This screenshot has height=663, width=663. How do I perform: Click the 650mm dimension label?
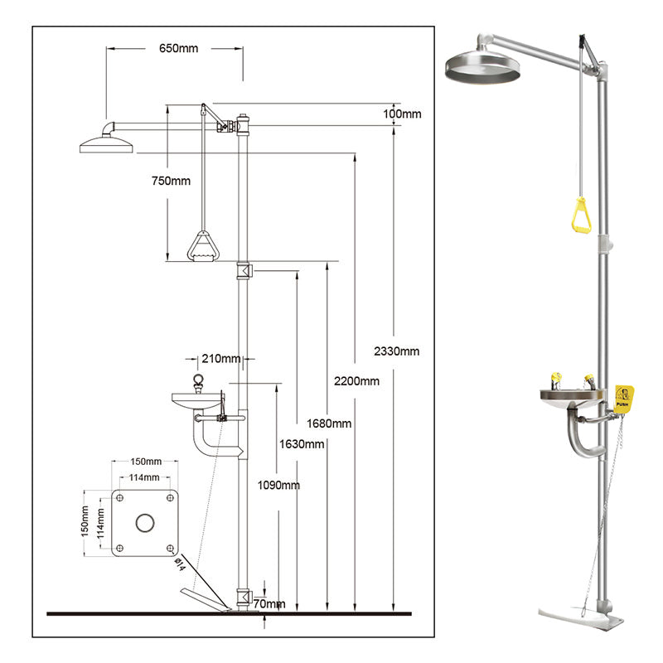(178, 47)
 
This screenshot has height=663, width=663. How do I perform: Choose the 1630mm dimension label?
(302, 443)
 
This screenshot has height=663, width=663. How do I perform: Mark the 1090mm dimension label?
(278, 485)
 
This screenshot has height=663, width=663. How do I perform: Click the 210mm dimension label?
(220, 358)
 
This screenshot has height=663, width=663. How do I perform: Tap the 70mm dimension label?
(271, 604)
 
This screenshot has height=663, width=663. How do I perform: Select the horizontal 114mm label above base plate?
(144, 477)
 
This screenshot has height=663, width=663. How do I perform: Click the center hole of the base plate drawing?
(145, 522)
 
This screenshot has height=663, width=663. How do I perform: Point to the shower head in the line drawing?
(105, 145)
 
